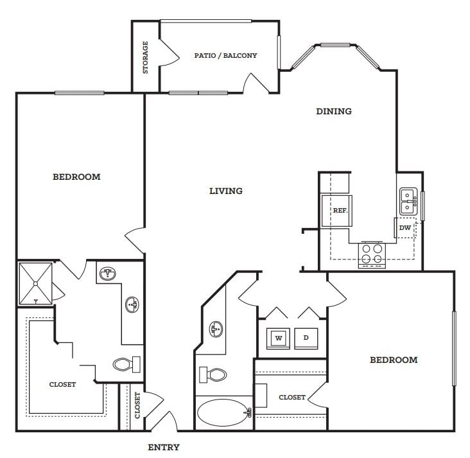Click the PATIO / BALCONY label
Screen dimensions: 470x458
click(225, 55)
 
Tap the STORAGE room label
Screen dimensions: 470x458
click(145, 57)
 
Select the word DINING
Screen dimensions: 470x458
click(334, 111)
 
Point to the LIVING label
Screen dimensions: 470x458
click(226, 191)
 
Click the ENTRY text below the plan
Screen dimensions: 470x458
click(164, 447)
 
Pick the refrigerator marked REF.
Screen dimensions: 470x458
click(336, 211)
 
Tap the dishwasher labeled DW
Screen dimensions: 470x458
click(405, 227)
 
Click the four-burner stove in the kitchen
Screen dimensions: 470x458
click(372, 254)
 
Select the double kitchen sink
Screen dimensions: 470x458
click(408, 201)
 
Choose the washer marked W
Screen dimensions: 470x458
click(278, 339)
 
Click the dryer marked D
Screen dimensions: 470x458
click(306, 339)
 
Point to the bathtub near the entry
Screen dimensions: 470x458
click(224, 412)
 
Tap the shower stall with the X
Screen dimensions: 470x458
click(35, 284)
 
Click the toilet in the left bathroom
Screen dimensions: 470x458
click(126, 364)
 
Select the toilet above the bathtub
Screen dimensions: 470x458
click(213, 374)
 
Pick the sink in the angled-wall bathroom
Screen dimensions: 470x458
click(216, 329)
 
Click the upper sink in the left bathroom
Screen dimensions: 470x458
click(108, 274)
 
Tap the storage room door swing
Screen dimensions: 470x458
click(169, 53)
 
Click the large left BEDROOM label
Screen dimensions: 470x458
click(76, 177)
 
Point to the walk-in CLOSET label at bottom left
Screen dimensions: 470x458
click(62, 385)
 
